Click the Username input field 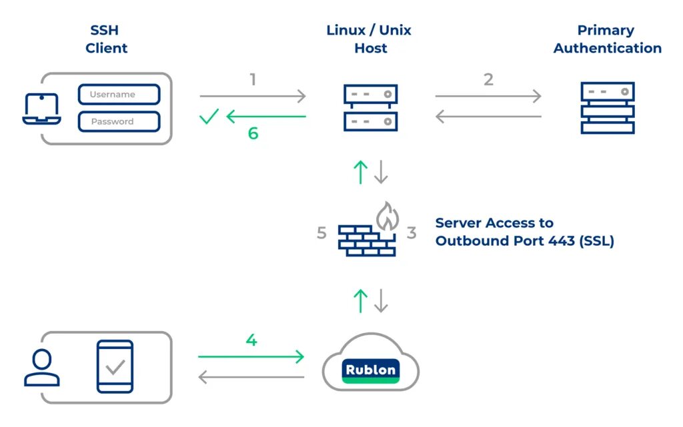(119, 95)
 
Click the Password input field (119, 121)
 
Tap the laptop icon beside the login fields (41, 109)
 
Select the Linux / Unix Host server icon (371, 108)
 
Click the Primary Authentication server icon (607, 108)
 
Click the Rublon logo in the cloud (370, 370)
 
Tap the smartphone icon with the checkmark (115, 366)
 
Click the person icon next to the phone (42, 368)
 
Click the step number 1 (253, 80)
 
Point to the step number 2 (488, 80)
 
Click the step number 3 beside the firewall (412, 233)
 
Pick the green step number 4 (251, 340)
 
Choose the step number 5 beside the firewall (321, 233)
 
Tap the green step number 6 (253, 133)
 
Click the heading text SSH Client (109, 39)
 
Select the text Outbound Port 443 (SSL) (524, 240)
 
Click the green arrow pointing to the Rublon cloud (251, 357)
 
